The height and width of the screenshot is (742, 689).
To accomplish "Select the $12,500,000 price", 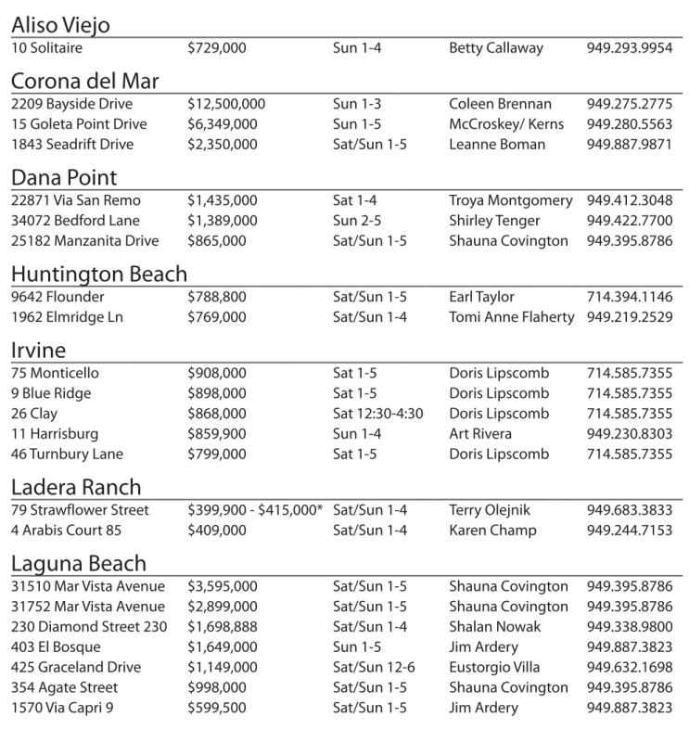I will pos(226,104).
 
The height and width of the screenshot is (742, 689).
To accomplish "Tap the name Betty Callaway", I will pos(496,47).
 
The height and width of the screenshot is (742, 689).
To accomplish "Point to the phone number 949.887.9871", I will pos(630,145).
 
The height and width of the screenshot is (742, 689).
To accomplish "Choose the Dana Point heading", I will pos(64,176).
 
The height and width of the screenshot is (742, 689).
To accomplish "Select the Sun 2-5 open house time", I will pos(357,221).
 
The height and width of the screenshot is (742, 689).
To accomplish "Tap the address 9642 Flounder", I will pos(57,297).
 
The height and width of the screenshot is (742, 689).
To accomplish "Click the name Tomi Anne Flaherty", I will pos(511,317).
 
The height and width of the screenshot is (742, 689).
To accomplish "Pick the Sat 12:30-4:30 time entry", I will pos(377,414).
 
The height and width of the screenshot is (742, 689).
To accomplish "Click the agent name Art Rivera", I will pos(481,434).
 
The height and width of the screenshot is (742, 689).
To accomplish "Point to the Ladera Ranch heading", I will pos(76,487).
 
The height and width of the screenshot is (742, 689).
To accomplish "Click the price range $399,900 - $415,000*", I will pos(255,510).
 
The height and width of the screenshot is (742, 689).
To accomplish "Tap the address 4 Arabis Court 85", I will pos(67,531).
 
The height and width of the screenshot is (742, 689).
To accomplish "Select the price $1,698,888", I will pos(223,627).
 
